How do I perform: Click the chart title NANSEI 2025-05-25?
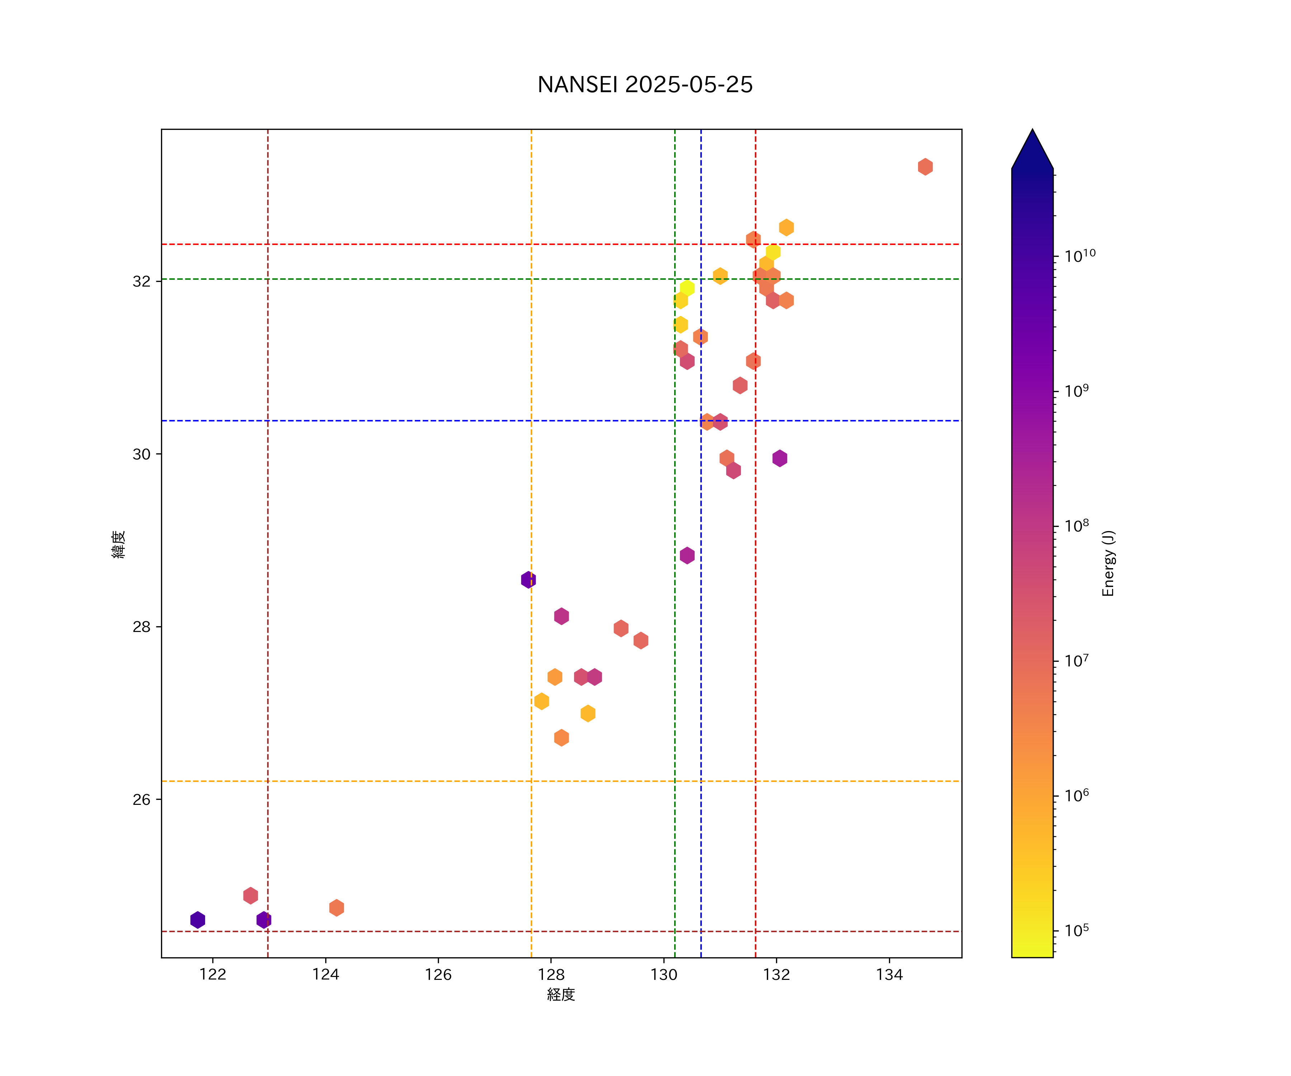645,85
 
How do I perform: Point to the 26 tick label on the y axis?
141,799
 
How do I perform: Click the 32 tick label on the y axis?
141,281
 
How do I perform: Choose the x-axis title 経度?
561,995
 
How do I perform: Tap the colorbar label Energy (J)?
1108,563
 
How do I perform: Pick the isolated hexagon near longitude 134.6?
925,167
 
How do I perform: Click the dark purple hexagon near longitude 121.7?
197,920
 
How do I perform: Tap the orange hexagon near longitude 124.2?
336,907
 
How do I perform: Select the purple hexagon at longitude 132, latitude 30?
780,458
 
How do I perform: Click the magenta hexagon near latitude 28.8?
687,555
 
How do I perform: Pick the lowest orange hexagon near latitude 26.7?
561,738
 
